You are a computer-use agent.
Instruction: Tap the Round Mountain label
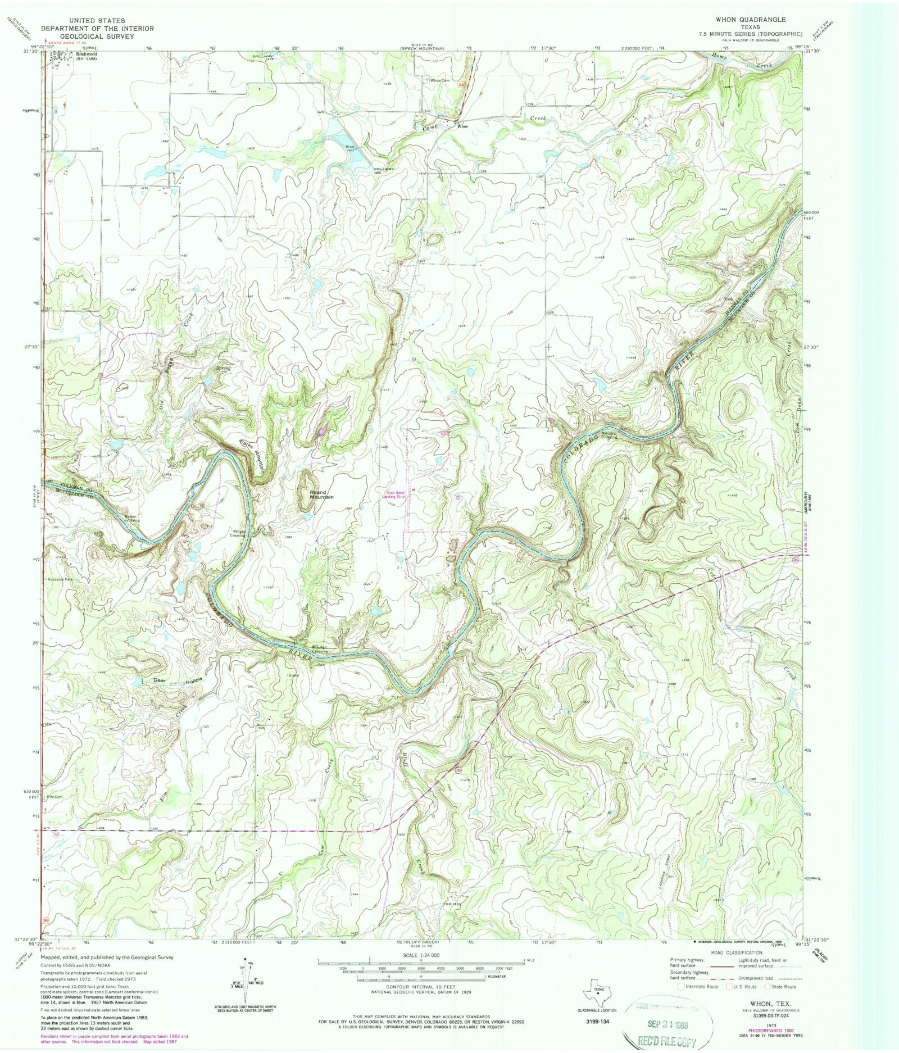click(321, 494)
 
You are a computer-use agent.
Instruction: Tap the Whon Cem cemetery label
click(440, 80)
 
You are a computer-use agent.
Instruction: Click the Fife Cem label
click(55, 797)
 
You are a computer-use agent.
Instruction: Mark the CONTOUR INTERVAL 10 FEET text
click(420, 987)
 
